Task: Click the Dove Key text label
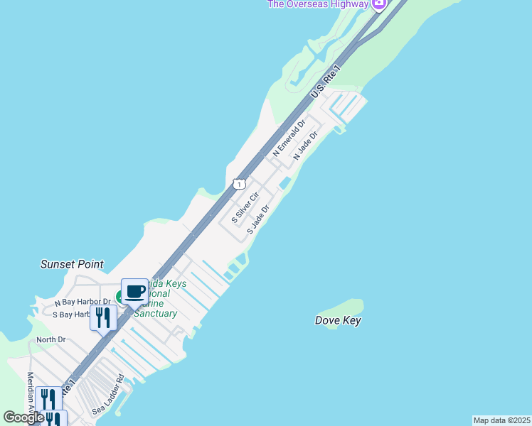point(338,321)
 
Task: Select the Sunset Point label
point(72,264)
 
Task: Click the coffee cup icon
point(135,290)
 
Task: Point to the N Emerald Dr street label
point(289,138)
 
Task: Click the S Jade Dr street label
point(258,220)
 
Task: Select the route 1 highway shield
point(238,184)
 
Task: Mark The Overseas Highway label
point(318,4)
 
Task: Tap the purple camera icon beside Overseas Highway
point(379,4)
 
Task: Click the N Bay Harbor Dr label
point(83,302)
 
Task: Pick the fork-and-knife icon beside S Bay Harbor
point(103,317)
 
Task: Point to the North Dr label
point(50,339)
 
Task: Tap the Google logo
point(23,417)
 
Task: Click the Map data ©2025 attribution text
point(501,420)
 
